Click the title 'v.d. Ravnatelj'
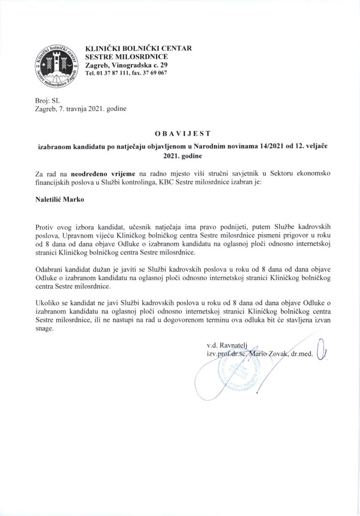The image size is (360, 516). pos(227,346)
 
